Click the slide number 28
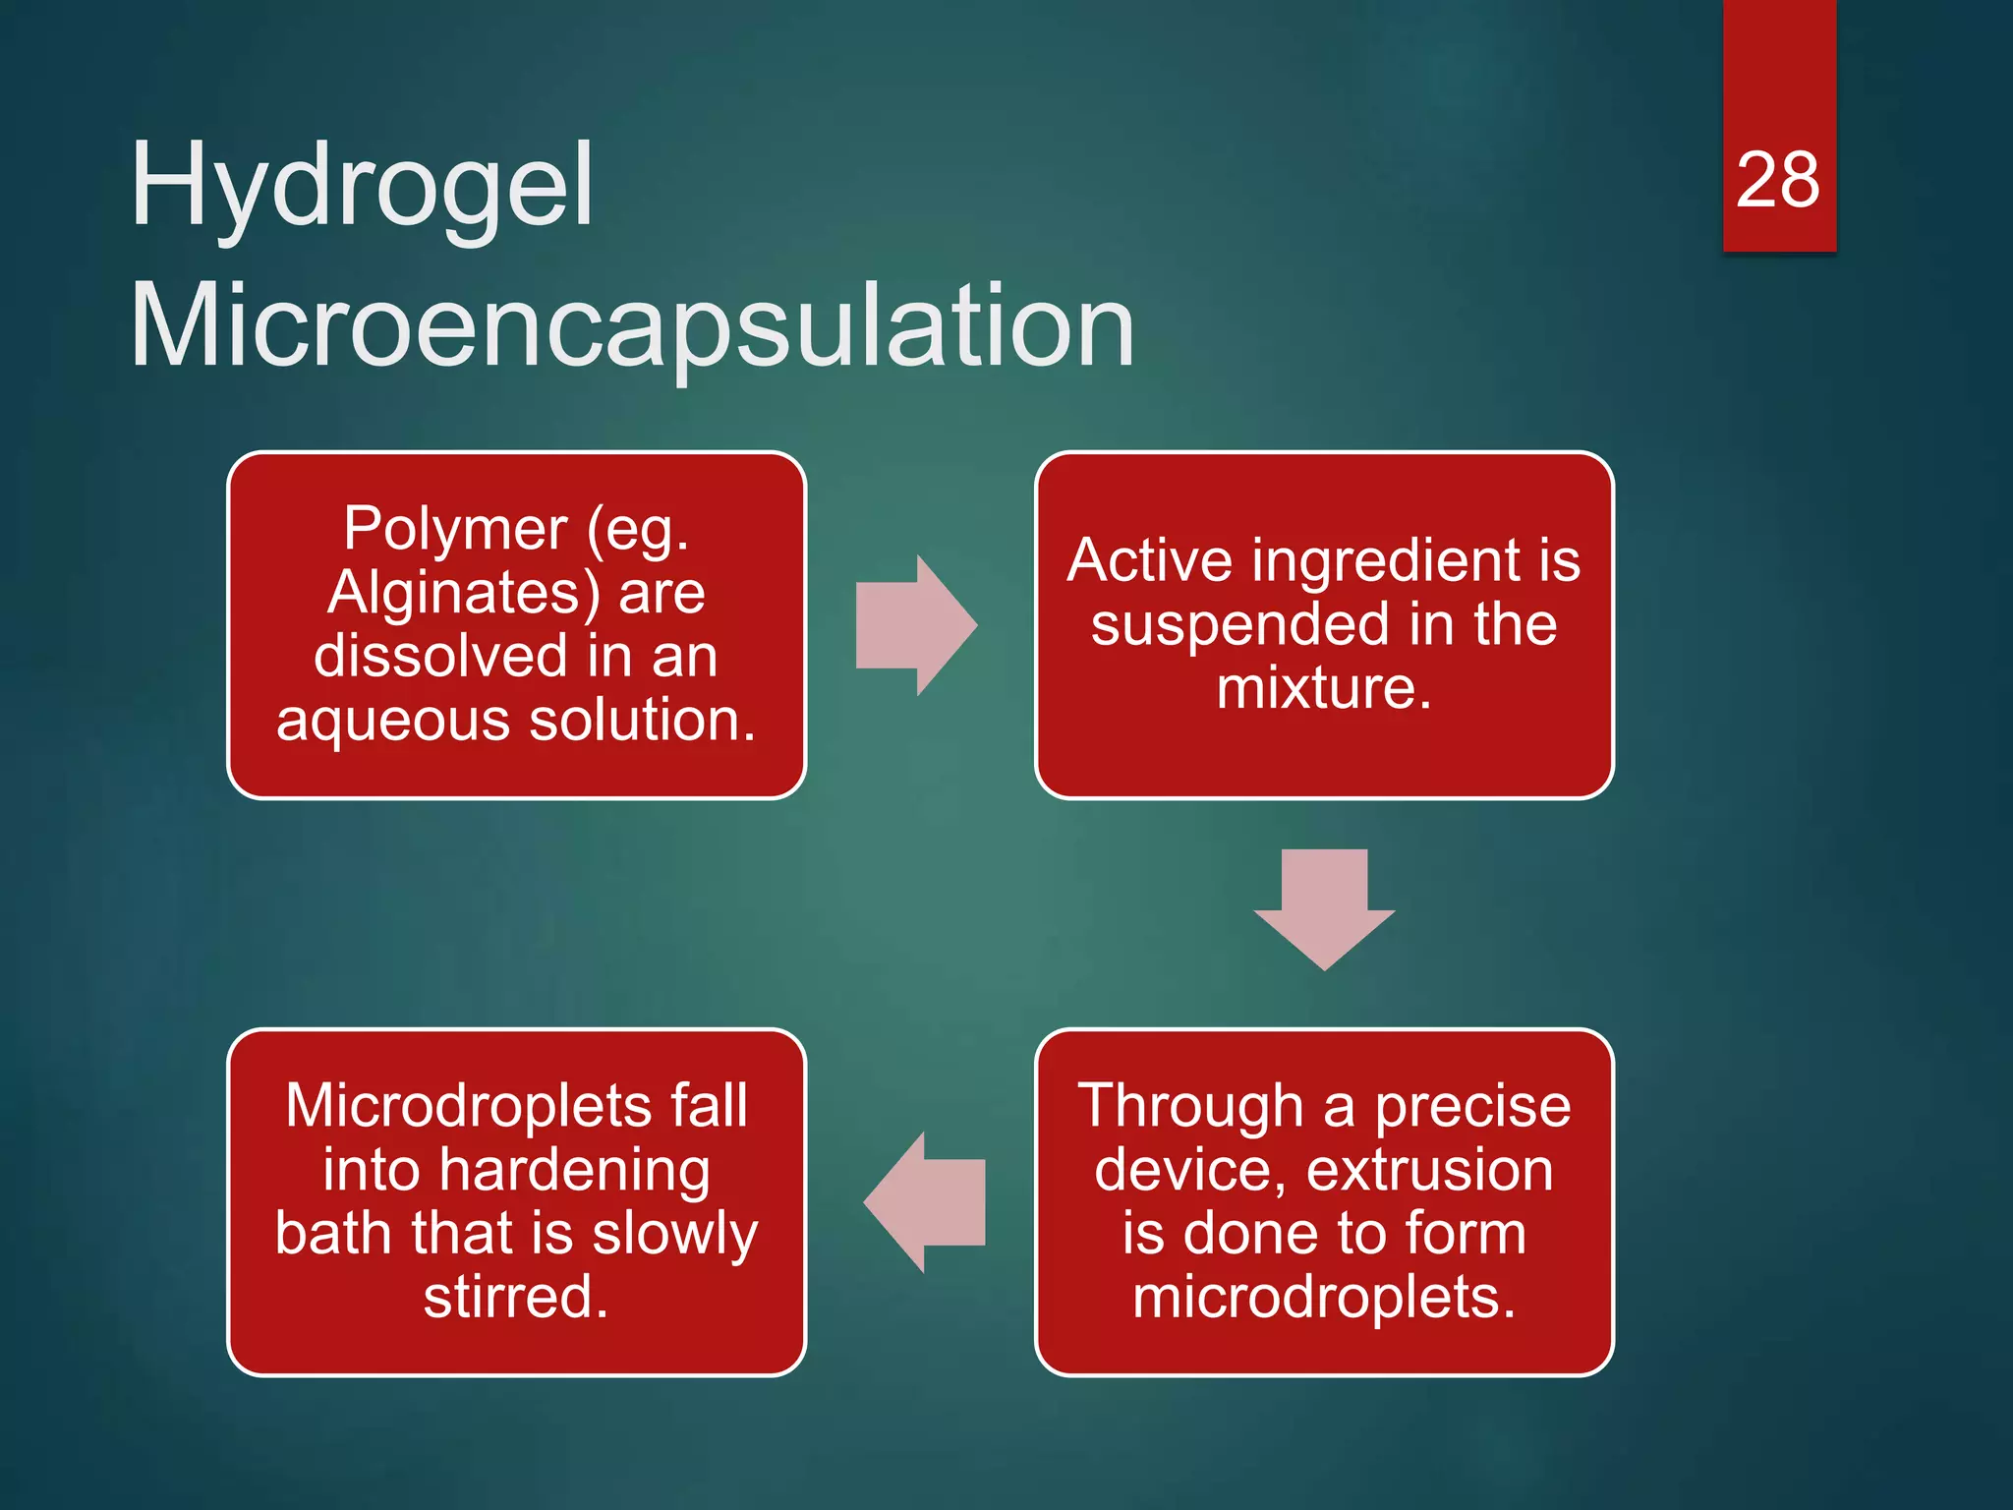tap(1777, 181)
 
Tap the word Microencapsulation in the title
tap(632, 326)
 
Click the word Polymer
tap(455, 529)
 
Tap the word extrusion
tap(1430, 1170)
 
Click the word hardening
tap(575, 1170)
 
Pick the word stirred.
tap(516, 1298)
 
